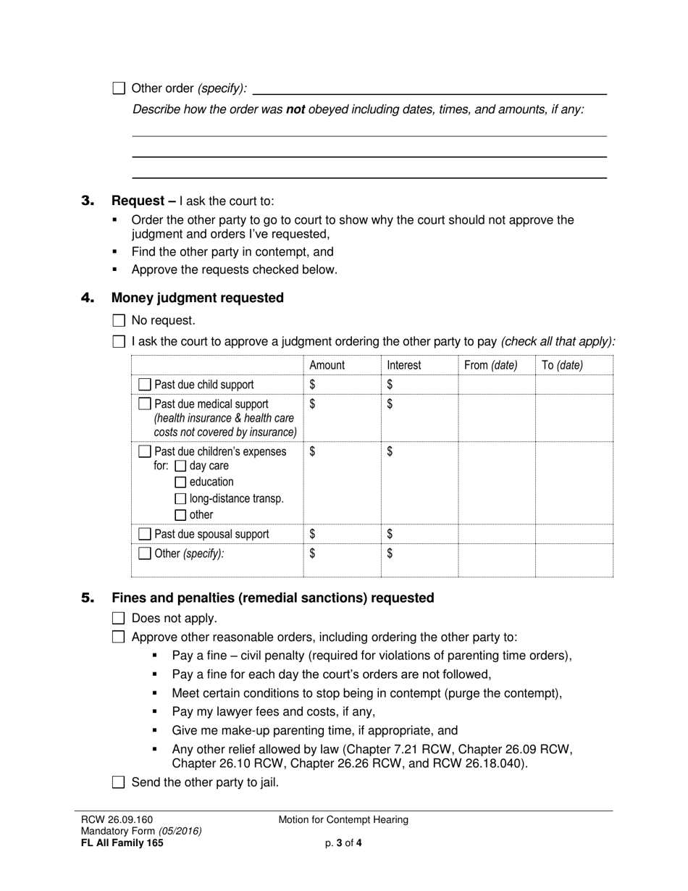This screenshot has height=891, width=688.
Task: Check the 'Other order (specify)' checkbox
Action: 119,88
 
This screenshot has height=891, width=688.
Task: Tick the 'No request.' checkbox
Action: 119,320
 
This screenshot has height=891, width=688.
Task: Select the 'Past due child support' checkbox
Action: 145,385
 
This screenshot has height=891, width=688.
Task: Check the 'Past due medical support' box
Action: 145,403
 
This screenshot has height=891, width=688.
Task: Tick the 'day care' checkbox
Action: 181,466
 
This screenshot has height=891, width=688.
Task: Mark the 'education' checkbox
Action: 181,482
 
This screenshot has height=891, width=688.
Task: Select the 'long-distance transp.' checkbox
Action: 181,499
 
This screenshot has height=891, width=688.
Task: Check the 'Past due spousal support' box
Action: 145,534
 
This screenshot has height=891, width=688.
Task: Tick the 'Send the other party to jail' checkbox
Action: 119,782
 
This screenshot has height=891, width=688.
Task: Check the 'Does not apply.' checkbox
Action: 119,619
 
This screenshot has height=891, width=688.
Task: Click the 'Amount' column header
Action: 327,366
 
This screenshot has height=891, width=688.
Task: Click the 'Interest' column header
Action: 403,366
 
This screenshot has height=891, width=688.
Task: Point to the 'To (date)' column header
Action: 562,366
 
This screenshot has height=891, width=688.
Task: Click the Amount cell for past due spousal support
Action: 342,534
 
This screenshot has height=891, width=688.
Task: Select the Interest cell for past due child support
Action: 419,385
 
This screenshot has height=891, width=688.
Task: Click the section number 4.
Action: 88,298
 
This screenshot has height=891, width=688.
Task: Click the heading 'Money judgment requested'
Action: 197,298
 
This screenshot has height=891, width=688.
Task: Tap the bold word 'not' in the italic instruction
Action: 295,110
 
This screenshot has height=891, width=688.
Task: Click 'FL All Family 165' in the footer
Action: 122,842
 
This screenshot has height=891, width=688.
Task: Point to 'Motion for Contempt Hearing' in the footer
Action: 343,820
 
